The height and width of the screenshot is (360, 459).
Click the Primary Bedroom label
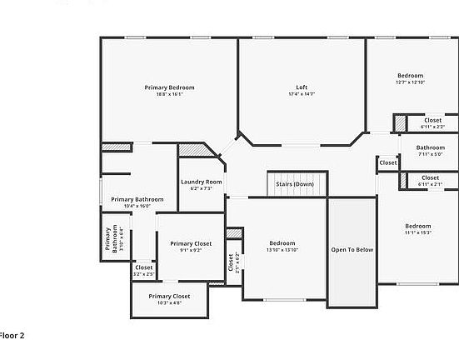click(169, 87)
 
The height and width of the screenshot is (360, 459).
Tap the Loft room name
click(302, 87)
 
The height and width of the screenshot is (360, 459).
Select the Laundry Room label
click(202, 182)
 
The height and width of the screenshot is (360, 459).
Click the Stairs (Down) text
click(295, 183)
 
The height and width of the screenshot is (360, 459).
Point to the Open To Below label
click(351, 249)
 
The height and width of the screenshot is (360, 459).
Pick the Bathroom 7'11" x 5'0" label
click(431, 147)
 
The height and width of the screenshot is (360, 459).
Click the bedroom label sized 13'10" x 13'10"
click(282, 243)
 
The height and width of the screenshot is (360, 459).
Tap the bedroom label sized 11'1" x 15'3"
click(418, 226)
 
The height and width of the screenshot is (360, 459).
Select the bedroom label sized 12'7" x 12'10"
click(410, 76)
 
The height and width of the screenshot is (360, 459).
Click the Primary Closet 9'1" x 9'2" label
click(191, 243)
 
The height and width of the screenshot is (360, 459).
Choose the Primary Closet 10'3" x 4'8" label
click(169, 296)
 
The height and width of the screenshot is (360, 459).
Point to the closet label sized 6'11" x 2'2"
click(432, 120)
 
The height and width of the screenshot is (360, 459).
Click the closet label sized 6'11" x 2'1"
click(430, 177)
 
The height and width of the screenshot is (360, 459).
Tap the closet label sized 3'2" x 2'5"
click(144, 267)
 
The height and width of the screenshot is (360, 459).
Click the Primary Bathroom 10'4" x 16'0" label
click(137, 199)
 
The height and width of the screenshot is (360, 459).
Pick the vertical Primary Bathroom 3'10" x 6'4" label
click(108, 240)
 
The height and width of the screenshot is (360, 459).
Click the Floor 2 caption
click(12, 335)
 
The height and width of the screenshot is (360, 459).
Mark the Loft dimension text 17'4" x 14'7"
click(302, 94)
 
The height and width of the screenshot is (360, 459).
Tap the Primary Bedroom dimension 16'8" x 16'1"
click(169, 94)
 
